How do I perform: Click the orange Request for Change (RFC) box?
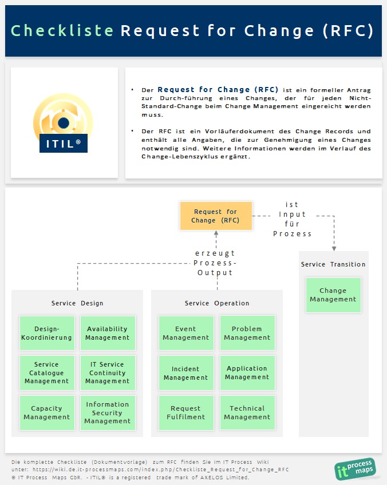[216, 216]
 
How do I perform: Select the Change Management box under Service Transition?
[333, 295]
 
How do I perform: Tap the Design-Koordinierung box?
[47, 333]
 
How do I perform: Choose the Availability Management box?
[108, 333]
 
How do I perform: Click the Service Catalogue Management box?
[47, 373]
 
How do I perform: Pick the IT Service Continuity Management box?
[108, 373]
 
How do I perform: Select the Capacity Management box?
[47, 413]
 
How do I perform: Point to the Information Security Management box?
[108, 413]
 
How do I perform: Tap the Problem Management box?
[247, 333]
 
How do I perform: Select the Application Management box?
[247, 373]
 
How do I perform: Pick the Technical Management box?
[247, 413]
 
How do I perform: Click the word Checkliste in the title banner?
[62, 31]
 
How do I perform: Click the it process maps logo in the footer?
[354, 468]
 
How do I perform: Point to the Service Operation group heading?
[217, 303]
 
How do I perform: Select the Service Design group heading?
[77, 303]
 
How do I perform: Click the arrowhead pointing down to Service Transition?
[334, 248]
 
